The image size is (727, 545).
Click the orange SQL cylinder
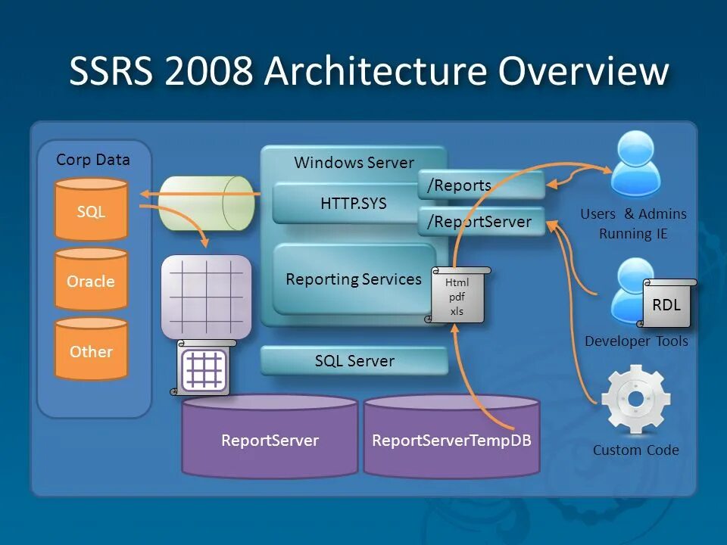click(x=91, y=210)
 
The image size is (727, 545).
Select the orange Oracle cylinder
click(x=91, y=280)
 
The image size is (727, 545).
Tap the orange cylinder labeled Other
click(x=91, y=350)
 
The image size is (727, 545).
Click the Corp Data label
click(x=93, y=160)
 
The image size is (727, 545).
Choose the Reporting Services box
click(x=354, y=279)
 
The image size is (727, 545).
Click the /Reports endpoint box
click(x=480, y=185)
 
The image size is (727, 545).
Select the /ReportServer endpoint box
click(x=480, y=222)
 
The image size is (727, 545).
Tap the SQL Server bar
click(x=354, y=361)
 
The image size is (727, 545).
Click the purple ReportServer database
click(x=270, y=439)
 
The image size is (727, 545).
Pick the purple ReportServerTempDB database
click(x=452, y=439)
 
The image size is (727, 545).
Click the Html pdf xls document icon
click(x=457, y=296)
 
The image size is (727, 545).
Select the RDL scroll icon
click(x=666, y=304)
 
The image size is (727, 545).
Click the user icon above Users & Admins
click(x=635, y=163)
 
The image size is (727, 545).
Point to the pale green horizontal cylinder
click(x=205, y=203)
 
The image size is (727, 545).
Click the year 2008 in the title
click(x=207, y=72)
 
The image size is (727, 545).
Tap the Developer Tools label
click(x=636, y=341)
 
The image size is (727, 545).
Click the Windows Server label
click(x=354, y=163)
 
